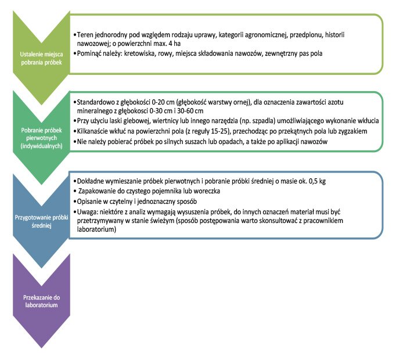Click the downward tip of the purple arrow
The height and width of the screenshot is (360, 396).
pos(40,347)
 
